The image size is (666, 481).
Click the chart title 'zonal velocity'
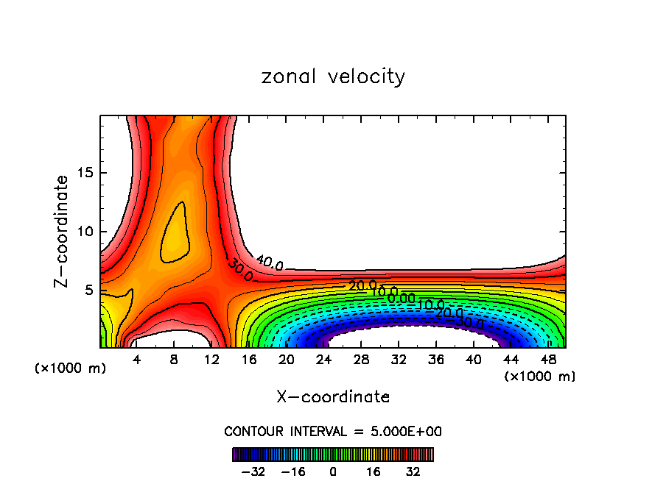pyautogui.click(x=333, y=76)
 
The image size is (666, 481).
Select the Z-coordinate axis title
pyautogui.click(x=63, y=231)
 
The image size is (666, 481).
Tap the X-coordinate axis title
pyautogui.click(x=333, y=397)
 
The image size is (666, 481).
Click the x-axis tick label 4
pyautogui.click(x=137, y=360)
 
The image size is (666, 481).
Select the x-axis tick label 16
pyautogui.click(x=249, y=360)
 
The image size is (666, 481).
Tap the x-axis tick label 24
pyautogui.click(x=323, y=360)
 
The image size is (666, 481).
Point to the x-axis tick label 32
pyautogui.click(x=398, y=360)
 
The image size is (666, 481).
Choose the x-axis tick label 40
pyautogui.click(x=472, y=360)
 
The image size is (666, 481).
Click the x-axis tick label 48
pyautogui.click(x=547, y=360)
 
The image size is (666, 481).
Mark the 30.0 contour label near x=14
pyautogui.click(x=241, y=271)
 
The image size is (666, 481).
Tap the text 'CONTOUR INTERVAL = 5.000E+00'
pyautogui.click(x=333, y=431)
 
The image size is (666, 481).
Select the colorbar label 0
pyautogui.click(x=333, y=471)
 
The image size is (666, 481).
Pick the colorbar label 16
pyautogui.click(x=374, y=471)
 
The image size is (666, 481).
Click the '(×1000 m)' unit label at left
pyautogui.click(x=71, y=368)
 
